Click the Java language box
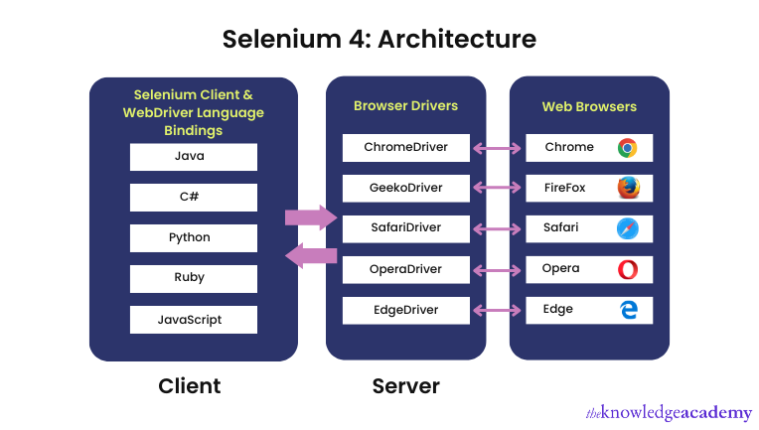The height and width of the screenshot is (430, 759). (x=193, y=157)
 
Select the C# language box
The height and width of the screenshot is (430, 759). (x=193, y=197)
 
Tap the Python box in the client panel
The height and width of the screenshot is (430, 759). (x=193, y=238)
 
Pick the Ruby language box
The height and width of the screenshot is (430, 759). (x=193, y=279)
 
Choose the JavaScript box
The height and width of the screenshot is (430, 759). (x=193, y=320)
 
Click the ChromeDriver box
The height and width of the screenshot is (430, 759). (x=405, y=147)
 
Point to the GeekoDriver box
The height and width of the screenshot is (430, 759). (x=405, y=188)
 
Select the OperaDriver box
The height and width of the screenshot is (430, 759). (x=405, y=269)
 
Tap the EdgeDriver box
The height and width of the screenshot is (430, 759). (x=405, y=310)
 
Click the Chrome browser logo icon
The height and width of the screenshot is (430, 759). (x=627, y=148)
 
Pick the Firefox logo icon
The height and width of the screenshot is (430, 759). (x=628, y=188)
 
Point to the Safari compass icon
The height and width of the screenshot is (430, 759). (x=628, y=228)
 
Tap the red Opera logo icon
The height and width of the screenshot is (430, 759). (x=628, y=269)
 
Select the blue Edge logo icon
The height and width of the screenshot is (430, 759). (x=628, y=310)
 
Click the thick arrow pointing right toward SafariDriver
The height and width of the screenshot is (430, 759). (x=311, y=217)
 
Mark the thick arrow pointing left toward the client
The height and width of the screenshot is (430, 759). (x=311, y=256)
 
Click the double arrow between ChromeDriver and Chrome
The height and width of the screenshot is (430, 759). (x=498, y=148)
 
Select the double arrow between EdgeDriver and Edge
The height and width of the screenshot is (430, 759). (x=498, y=310)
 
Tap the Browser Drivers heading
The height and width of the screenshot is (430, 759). (x=405, y=105)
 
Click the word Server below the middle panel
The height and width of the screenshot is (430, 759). (x=405, y=385)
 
